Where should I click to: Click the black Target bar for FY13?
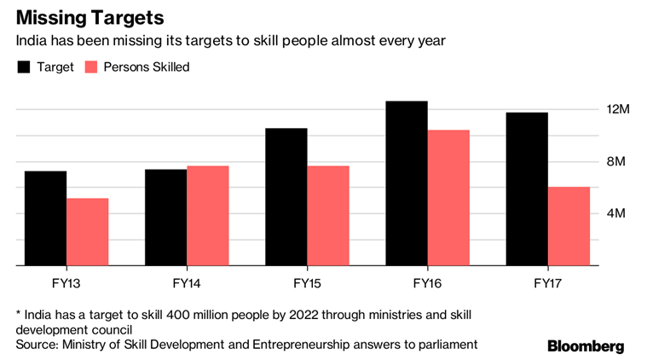tap(45, 218)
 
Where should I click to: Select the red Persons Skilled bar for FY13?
tap(88, 232)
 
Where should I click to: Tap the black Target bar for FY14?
tap(165, 218)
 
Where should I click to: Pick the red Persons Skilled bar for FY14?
tap(208, 216)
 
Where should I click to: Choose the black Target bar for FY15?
tap(286, 197)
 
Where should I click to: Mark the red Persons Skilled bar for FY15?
tap(328, 216)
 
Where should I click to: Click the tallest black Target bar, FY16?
tap(407, 183)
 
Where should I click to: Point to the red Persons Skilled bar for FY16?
tap(448, 198)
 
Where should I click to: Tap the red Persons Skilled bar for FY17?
tap(569, 226)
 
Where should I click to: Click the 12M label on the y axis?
tap(617, 110)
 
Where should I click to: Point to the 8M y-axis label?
tap(617, 162)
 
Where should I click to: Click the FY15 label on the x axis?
tap(307, 282)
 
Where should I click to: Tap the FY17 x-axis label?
tap(548, 282)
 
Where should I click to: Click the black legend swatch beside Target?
tap(24, 67)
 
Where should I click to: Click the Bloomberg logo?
tap(586, 345)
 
